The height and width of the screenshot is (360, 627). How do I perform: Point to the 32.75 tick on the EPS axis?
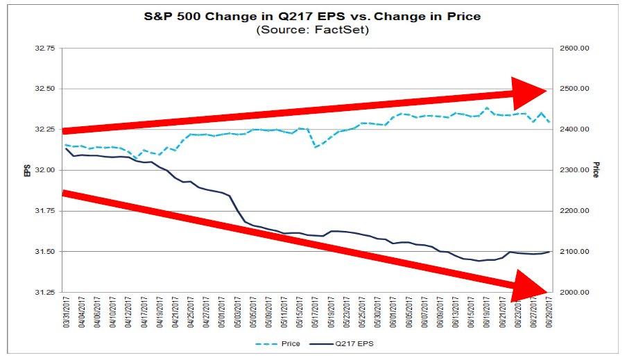click(44, 49)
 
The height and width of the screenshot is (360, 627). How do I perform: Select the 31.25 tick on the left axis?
click(44, 292)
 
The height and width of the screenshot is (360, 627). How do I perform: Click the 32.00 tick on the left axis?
click(44, 170)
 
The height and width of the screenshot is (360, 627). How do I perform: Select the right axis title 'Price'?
click(595, 171)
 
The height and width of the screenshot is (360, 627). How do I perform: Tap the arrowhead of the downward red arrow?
click(531, 285)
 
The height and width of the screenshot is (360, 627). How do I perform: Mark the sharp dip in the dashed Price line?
click(316, 147)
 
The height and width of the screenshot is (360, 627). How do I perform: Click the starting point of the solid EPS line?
click(66, 148)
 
